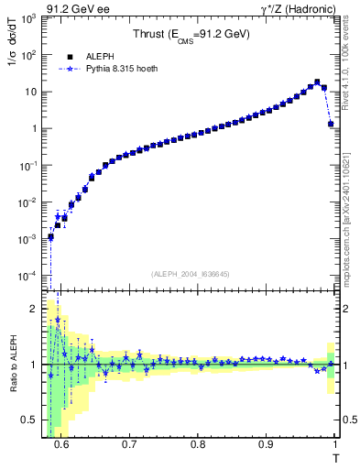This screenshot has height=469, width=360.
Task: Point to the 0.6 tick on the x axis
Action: point(61,443)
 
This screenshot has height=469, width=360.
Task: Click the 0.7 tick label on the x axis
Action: point(129,443)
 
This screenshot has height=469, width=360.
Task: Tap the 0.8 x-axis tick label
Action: point(198,443)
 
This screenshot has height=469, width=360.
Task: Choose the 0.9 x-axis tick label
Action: point(266,443)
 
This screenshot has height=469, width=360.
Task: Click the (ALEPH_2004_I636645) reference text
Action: point(191,272)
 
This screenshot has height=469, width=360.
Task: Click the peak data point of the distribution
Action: point(317,82)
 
